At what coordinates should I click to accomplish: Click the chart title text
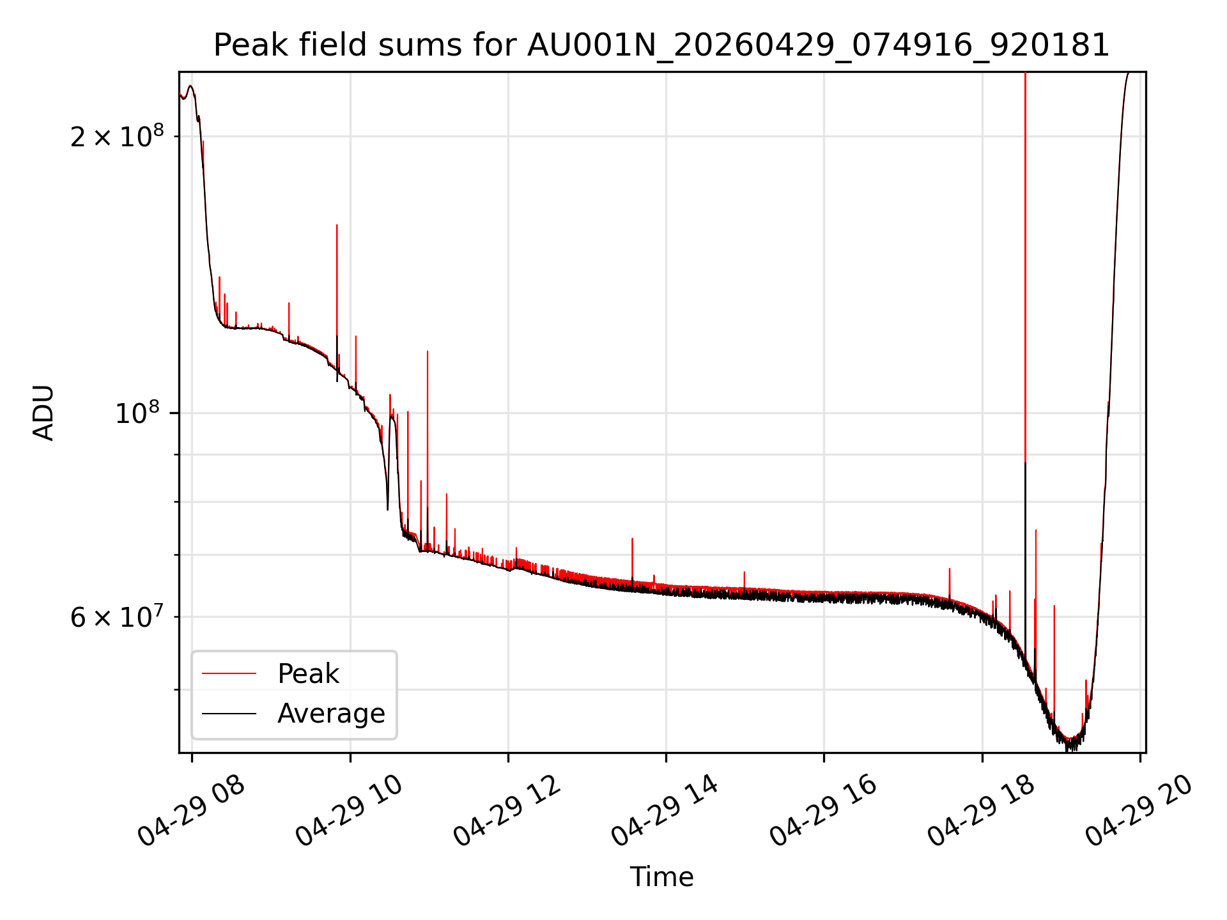(661, 45)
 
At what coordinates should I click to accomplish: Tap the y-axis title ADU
(43, 413)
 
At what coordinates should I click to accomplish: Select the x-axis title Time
(661, 877)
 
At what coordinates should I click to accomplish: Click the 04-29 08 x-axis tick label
(192, 811)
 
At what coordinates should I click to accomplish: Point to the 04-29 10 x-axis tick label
(350, 811)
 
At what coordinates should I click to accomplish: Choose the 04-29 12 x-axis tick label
(507, 811)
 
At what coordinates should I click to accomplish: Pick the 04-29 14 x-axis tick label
(665, 811)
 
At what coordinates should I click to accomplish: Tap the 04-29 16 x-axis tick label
(823, 811)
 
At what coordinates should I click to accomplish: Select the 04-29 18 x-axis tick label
(981, 811)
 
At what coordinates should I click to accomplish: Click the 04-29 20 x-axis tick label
(1139, 811)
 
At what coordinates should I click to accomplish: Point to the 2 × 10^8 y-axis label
(117, 135)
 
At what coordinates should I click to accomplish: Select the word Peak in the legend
(308, 674)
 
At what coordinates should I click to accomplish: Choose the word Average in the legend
(331, 714)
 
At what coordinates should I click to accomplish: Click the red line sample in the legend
(229, 674)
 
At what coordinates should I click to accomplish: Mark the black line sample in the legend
(229, 714)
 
